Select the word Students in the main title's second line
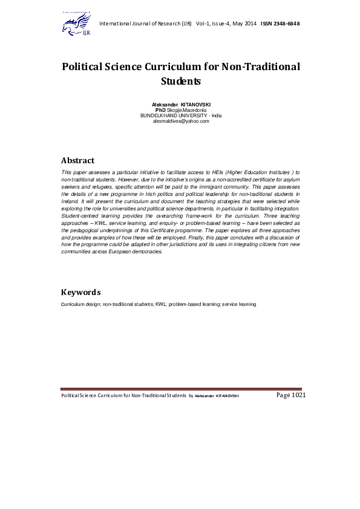(x=181, y=80)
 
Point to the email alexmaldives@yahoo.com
(x=181, y=121)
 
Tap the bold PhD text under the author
(x=160, y=111)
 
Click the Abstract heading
(x=77, y=161)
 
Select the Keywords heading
(x=81, y=292)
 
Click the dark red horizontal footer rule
(x=182, y=389)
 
